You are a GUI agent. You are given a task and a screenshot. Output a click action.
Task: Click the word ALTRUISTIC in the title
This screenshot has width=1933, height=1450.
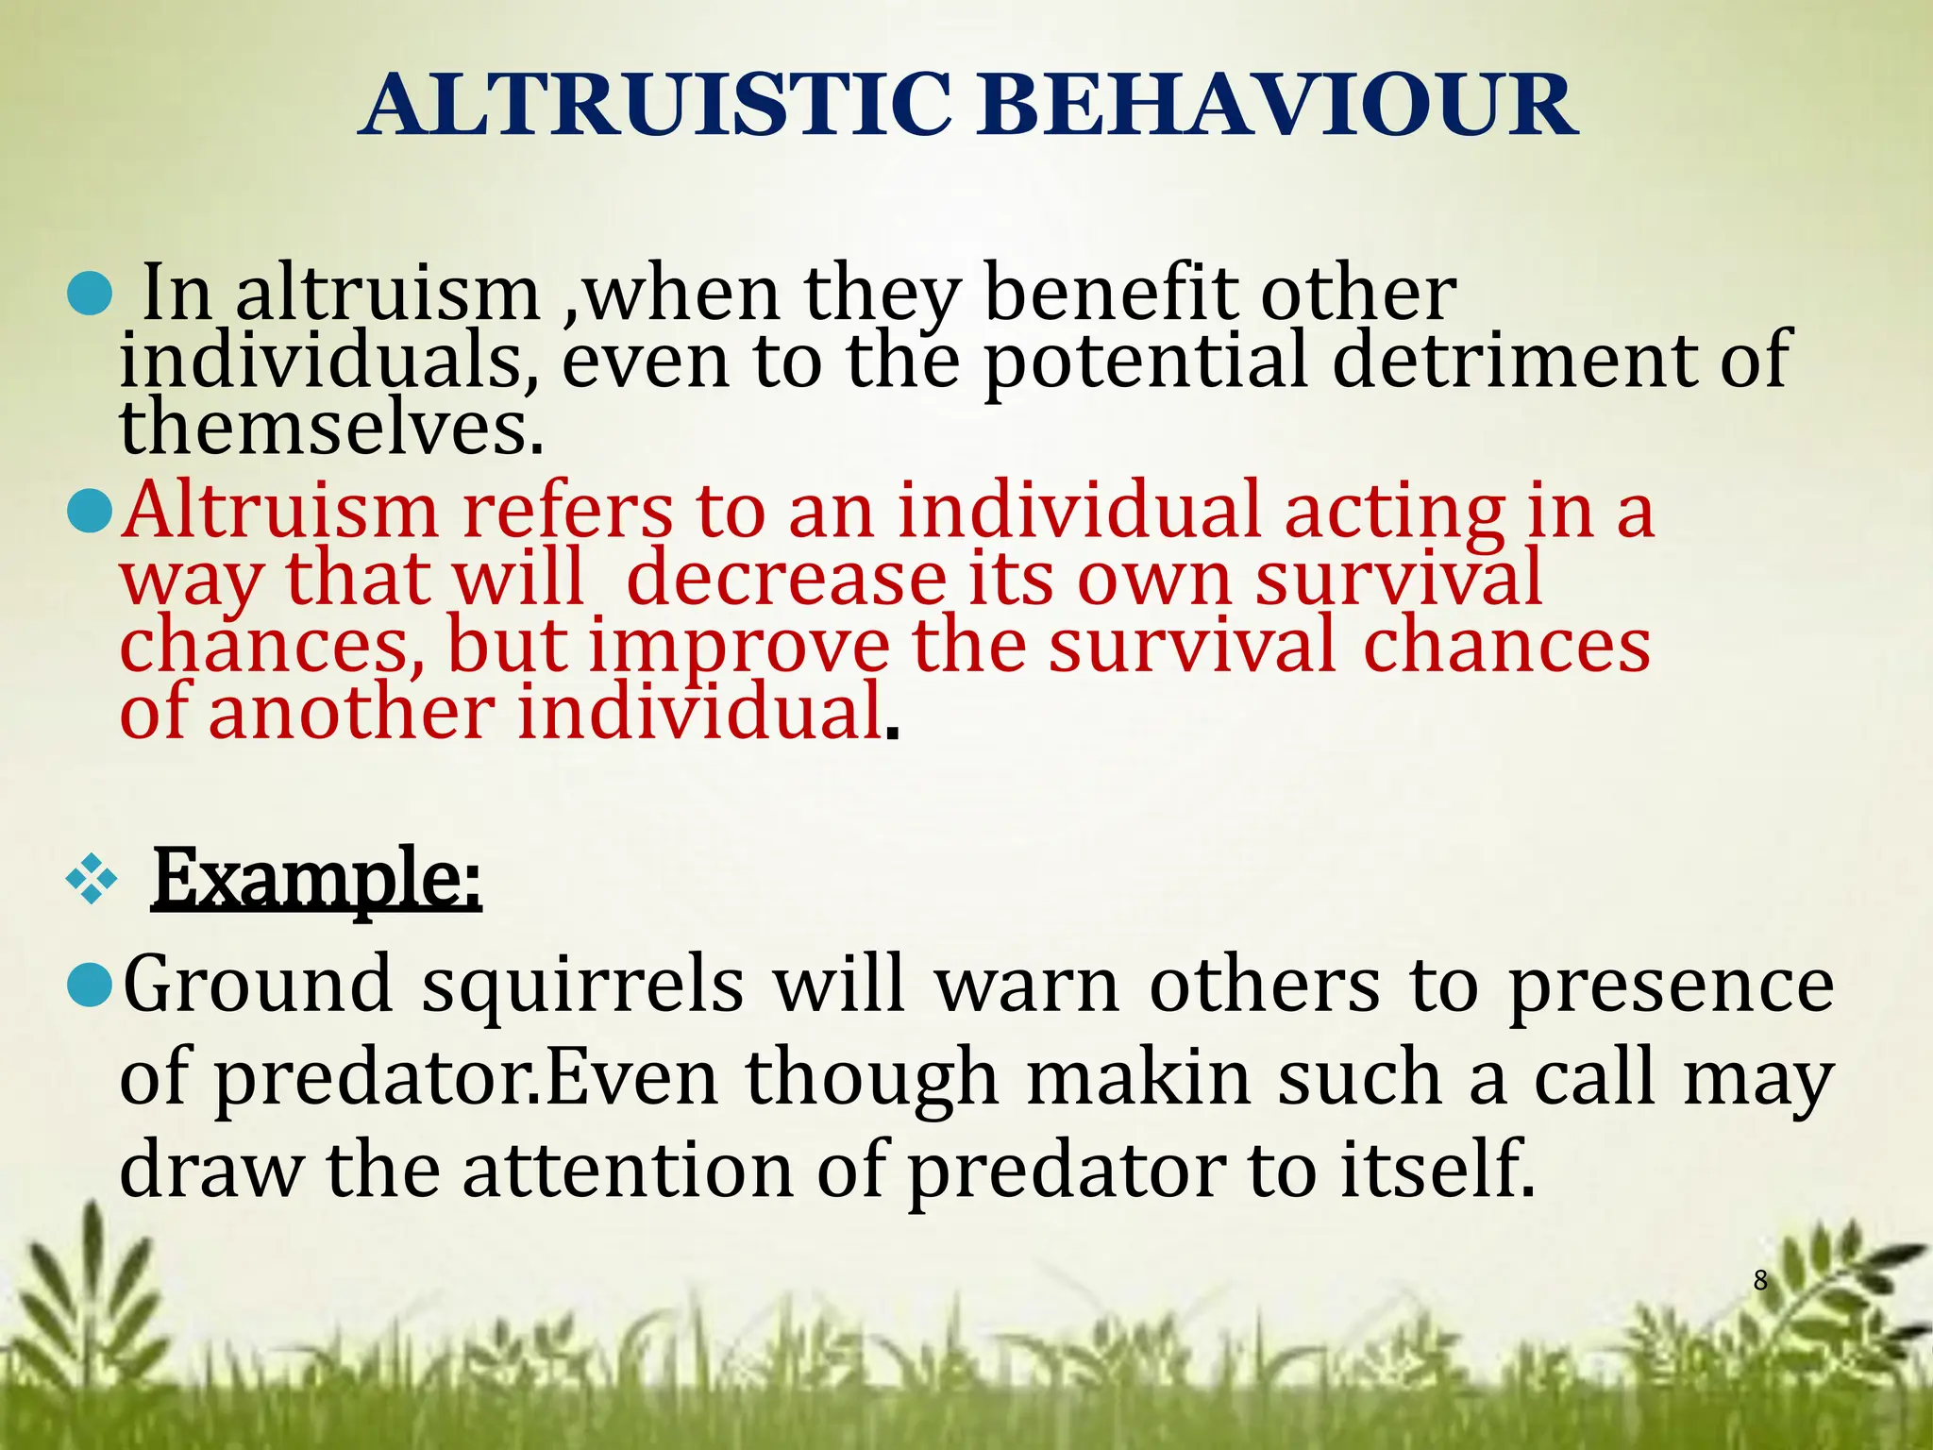point(656,106)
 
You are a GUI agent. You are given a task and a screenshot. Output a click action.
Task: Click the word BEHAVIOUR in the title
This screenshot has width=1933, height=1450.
point(1276,106)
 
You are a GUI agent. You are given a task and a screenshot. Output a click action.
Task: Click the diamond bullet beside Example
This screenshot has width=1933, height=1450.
point(92,880)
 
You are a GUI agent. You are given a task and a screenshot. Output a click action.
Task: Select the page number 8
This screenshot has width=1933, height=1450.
point(1760,1281)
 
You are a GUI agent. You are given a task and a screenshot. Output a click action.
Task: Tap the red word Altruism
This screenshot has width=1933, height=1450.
point(280,511)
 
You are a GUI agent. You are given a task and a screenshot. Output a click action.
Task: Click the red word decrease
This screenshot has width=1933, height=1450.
point(785,578)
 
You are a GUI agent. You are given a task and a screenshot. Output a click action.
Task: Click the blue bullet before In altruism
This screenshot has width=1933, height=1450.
point(92,295)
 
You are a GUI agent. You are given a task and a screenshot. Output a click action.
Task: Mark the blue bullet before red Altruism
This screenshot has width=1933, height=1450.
point(92,512)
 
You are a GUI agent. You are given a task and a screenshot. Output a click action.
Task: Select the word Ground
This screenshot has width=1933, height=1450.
point(258,985)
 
